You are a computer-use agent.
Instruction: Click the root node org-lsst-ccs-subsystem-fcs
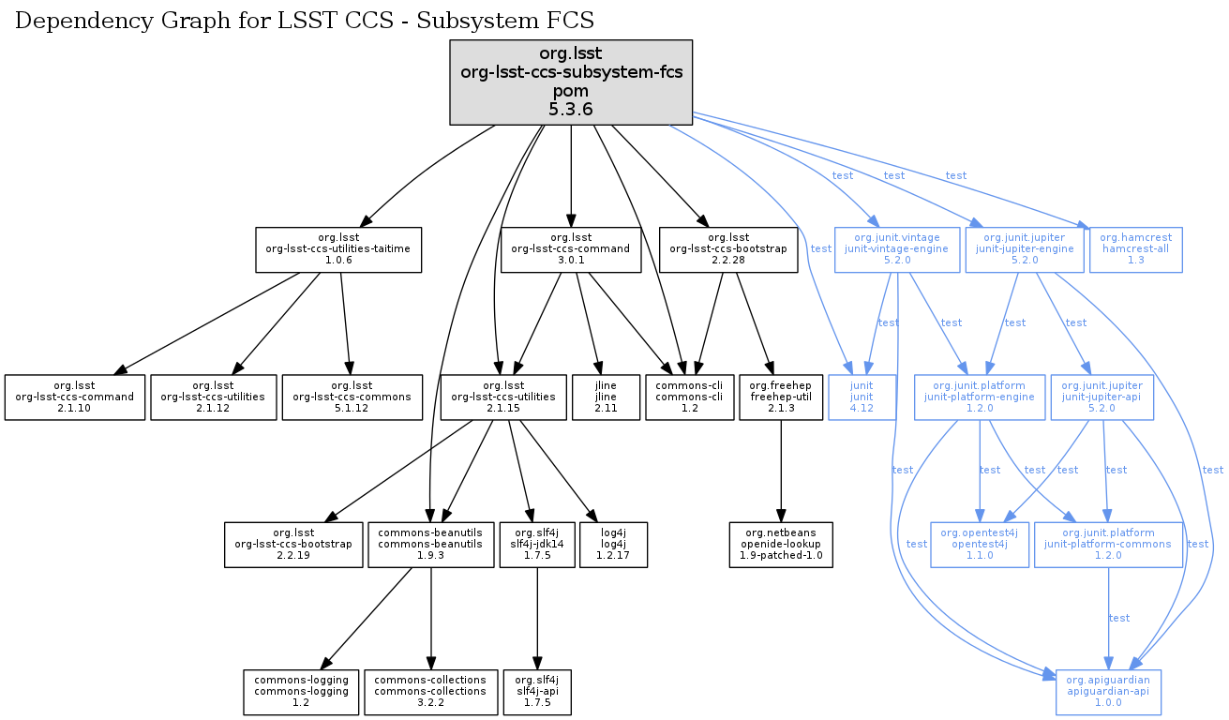coord(571,82)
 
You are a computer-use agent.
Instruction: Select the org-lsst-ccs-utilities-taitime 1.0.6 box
coord(338,248)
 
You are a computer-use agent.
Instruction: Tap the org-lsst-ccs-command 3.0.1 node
coord(571,248)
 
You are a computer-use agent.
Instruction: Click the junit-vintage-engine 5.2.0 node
coord(897,248)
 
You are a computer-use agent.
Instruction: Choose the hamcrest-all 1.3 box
coord(1136,248)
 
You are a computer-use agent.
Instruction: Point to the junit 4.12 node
coord(861,397)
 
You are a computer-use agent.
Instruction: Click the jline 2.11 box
coord(606,397)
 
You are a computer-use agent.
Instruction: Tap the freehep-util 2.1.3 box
coord(780,397)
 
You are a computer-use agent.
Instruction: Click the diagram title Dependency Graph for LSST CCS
coord(305,21)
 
